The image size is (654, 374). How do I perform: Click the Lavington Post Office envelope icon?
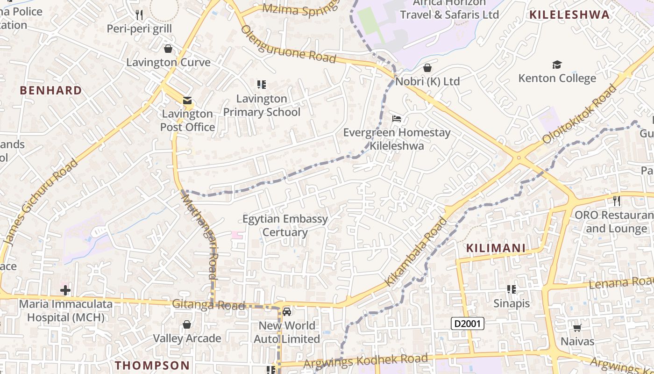point(187,101)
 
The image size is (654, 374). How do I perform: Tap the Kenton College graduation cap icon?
point(557,65)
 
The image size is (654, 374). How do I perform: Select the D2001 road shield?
point(468,323)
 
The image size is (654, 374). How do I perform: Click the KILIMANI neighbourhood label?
point(496,248)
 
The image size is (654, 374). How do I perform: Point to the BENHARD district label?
point(51,90)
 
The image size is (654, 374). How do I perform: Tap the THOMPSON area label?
point(152,365)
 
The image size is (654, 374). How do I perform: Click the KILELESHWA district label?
point(569,14)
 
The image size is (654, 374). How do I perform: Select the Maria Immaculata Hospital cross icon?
point(65,290)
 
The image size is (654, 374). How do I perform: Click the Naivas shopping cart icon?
point(577,328)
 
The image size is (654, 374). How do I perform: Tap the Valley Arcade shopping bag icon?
point(187,324)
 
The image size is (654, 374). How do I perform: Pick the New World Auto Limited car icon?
point(287,311)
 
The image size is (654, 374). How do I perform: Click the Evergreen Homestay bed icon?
point(397,119)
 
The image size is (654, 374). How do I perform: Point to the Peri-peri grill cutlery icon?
point(139,15)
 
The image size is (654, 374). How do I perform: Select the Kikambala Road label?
point(416,252)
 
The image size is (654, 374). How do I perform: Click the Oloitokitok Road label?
point(579,114)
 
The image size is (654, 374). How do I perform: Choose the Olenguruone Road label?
point(288,44)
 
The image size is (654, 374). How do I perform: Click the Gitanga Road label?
point(208,305)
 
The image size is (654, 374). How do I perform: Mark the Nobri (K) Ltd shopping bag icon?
point(427,68)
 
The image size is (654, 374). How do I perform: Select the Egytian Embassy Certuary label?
point(285,225)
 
